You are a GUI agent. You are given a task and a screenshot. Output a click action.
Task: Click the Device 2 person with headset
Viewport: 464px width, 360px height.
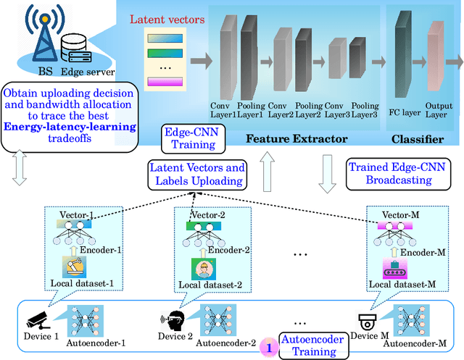tap(172, 319)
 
